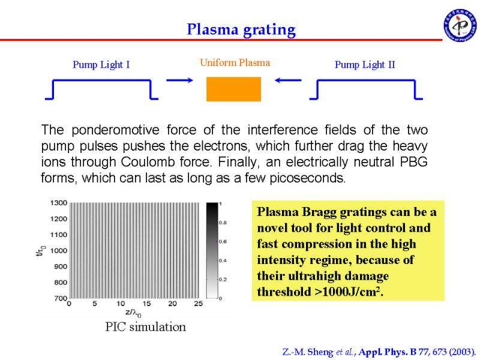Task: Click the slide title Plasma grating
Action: point(241,30)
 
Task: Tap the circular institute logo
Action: point(460,25)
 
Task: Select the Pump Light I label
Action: point(101,65)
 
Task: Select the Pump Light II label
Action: point(365,65)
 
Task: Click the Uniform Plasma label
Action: point(235,63)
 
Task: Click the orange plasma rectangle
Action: point(233,89)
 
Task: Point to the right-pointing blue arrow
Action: point(179,80)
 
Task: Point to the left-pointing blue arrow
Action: point(288,80)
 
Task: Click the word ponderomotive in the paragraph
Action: point(115,130)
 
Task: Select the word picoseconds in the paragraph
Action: point(307,178)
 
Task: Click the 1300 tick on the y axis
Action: point(59,203)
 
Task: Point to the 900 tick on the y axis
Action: point(61,266)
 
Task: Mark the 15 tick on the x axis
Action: point(146,304)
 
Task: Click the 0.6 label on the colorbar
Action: point(223,242)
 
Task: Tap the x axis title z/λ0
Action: point(133,313)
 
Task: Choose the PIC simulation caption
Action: point(145,327)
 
